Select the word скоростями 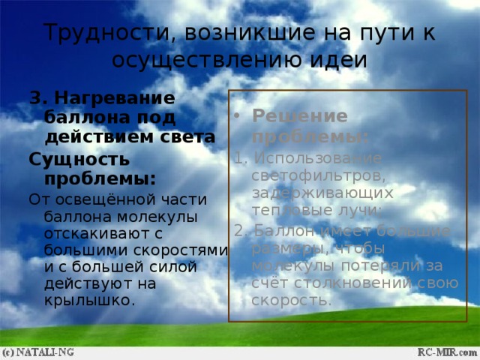[x=181, y=250]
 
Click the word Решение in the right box [x=289, y=117]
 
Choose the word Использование [x=297, y=158]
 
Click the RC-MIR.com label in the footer [x=446, y=351]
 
